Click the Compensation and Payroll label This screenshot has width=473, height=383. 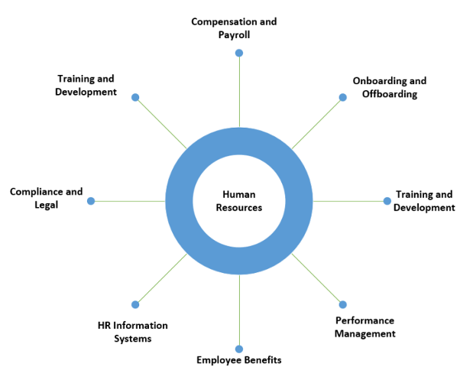pyautogui.click(x=234, y=28)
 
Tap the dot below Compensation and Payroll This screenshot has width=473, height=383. pyautogui.click(x=239, y=53)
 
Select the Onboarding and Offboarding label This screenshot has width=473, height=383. pyautogui.click(x=389, y=87)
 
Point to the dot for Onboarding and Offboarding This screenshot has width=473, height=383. pyautogui.click(x=342, y=97)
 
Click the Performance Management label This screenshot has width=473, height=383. pyautogui.click(x=365, y=326)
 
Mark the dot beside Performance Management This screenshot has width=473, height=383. pyautogui.click(x=342, y=304)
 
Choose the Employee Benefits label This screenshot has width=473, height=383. pyautogui.click(x=238, y=359)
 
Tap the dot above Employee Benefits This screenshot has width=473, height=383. pyautogui.click(x=239, y=349)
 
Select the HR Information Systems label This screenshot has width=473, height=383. pyautogui.click(x=133, y=332)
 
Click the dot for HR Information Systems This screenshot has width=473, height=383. pyautogui.click(x=135, y=304)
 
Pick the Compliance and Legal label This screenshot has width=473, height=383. pyautogui.click(x=46, y=197)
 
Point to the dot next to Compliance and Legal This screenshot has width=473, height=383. pyautogui.click(x=91, y=201)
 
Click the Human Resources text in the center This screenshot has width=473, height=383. pyautogui.click(x=238, y=201)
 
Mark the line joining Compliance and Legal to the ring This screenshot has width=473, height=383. pyautogui.click(x=128, y=201)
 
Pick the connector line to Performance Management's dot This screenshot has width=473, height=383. pyautogui.click(x=317, y=279)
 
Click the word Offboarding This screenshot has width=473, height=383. pyautogui.click(x=390, y=94)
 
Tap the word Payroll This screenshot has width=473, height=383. pyautogui.click(x=234, y=35)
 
